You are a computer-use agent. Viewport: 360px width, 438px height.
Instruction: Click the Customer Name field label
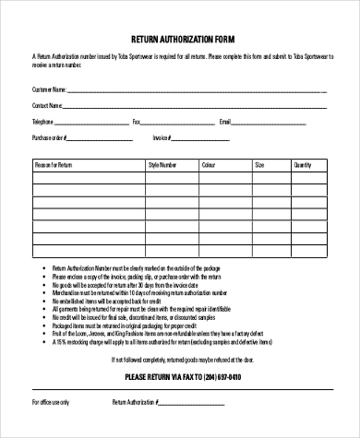point(49,89)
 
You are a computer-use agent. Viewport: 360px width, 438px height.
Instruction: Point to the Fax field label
point(137,122)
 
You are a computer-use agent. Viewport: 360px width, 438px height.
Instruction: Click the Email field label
point(224,122)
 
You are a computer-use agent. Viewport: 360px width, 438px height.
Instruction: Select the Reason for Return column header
point(54,164)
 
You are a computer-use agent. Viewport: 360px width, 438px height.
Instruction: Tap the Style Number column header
point(162,164)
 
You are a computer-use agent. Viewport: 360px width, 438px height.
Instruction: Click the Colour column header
point(209,164)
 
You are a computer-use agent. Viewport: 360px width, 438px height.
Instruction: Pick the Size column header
point(259,164)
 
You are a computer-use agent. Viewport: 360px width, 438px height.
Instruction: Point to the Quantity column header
point(303,164)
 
